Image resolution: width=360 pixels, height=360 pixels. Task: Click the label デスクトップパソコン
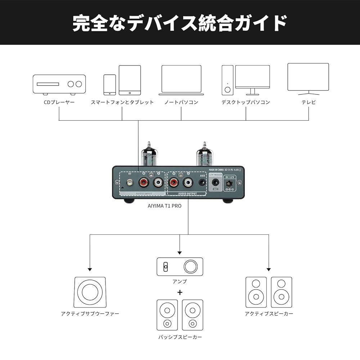(x=246, y=102)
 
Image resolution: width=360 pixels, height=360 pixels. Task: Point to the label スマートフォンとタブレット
(x=122, y=102)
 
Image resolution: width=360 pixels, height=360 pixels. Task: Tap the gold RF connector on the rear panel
(x=129, y=183)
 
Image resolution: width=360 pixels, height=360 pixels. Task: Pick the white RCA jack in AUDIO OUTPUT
(x=188, y=183)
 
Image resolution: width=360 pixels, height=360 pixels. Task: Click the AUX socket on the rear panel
(x=202, y=183)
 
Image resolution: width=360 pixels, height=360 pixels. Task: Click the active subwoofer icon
(x=90, y=292)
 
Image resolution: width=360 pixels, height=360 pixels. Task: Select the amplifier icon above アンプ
(x=180, y=267)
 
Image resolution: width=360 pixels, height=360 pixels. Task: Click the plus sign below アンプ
(x=180, y=292)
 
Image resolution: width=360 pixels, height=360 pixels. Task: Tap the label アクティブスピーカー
(x=269, y=314)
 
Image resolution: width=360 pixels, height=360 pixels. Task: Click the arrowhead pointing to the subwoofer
(x=90, y=269)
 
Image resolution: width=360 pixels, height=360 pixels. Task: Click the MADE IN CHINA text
(x=216, y=169)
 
